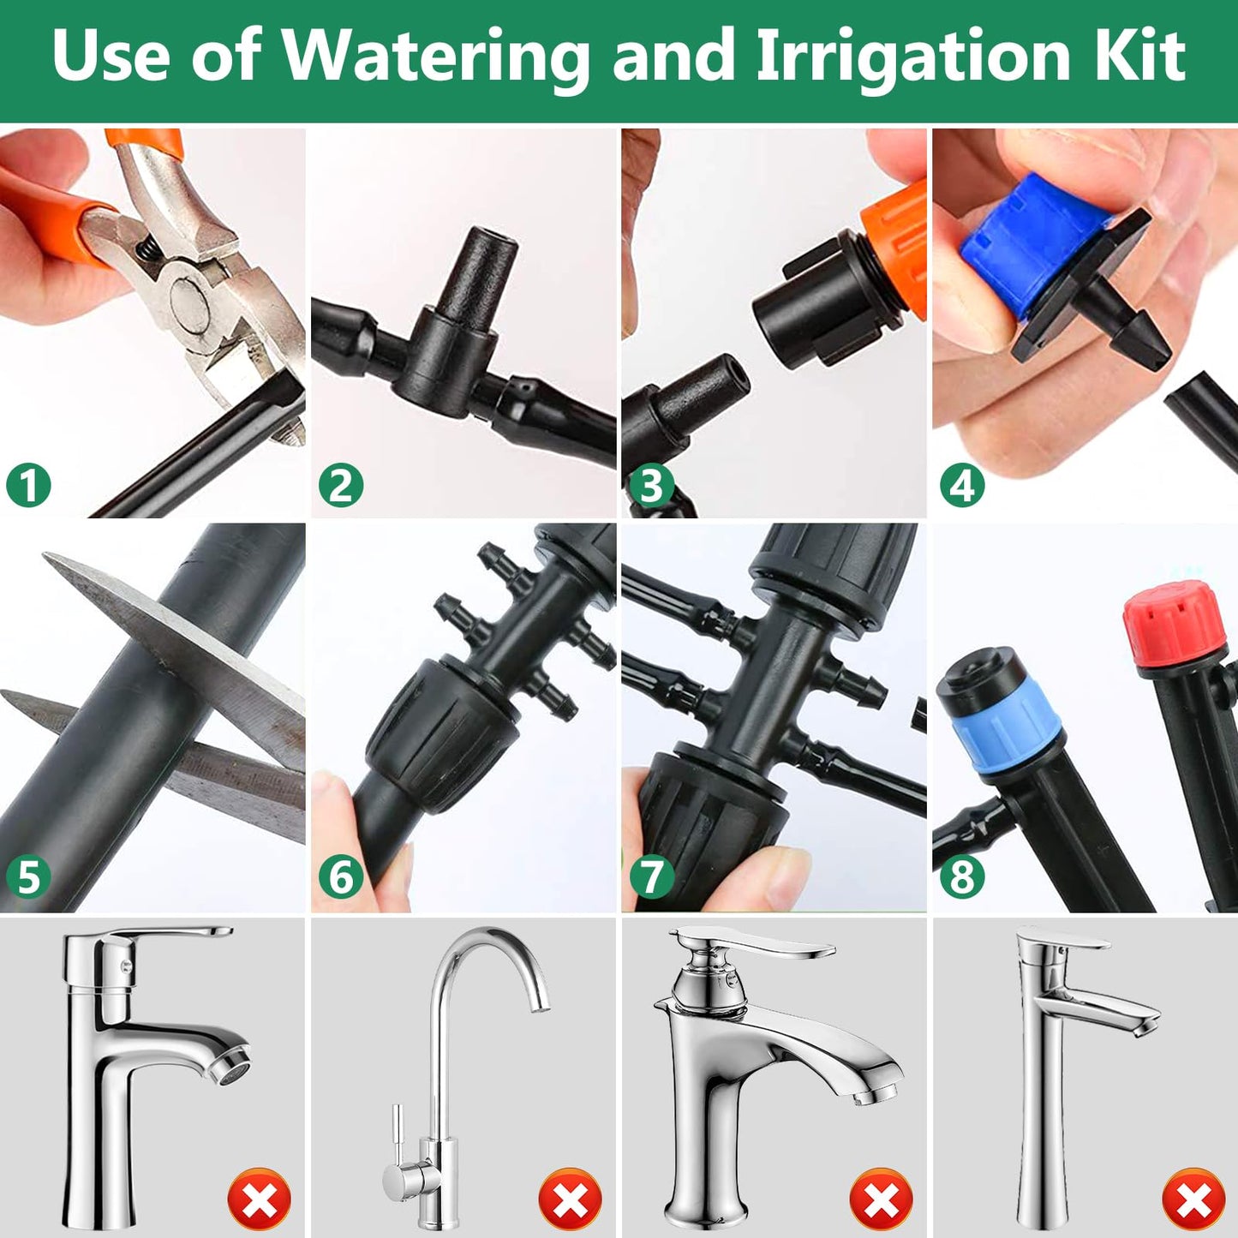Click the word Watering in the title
point(435,57)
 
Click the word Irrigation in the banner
point(913,57)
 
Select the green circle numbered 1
point(29,486)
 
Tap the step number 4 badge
point(962,486)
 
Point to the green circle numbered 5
point(29,876)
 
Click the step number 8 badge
point(962,876)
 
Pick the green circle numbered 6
point(341,876)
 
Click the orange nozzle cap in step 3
point(894,245)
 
